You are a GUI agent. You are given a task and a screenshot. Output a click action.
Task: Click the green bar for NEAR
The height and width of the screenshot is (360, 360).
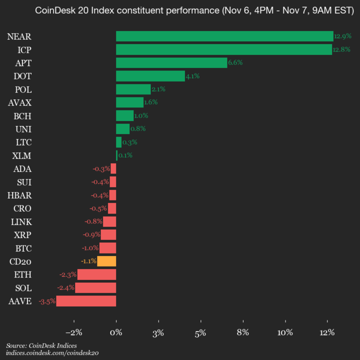224,36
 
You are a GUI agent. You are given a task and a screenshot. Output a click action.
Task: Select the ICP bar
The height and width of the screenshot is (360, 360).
224,49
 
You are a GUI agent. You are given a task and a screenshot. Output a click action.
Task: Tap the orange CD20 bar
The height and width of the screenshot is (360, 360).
106,261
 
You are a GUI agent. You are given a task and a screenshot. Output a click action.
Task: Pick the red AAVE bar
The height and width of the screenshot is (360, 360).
86,301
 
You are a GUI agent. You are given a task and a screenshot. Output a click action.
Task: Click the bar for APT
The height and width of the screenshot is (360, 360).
171,62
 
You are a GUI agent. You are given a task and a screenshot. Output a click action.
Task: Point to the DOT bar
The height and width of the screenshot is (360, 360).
150,76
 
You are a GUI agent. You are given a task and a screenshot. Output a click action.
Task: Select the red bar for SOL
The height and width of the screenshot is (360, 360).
95,287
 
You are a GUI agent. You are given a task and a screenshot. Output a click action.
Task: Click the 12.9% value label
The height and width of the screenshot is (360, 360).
342,36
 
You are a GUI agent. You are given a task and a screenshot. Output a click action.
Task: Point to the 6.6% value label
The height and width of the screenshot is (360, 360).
235,62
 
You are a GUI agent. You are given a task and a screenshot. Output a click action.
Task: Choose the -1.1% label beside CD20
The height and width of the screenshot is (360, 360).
88,261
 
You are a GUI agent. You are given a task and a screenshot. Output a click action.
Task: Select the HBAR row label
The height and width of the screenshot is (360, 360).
19,195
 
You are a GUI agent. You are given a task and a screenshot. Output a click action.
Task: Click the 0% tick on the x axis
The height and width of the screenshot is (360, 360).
116,333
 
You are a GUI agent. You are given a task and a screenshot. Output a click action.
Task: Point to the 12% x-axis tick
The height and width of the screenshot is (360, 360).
327,333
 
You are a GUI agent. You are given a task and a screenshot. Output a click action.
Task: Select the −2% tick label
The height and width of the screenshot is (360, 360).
73,333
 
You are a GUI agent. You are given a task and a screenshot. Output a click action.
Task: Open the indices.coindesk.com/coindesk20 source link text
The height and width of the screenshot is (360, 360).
52,353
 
